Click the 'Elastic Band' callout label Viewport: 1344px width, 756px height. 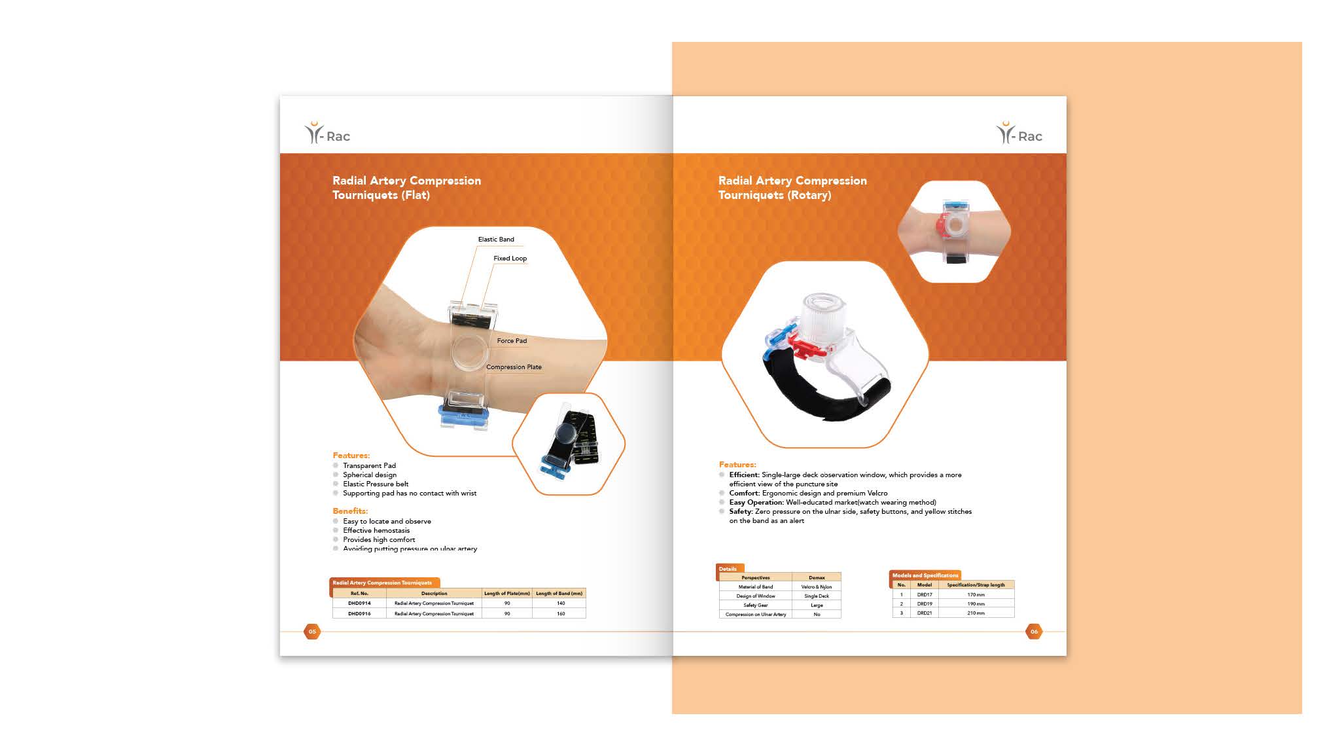(x=495, y=240)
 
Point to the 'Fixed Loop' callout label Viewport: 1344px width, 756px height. (x=510, y=259)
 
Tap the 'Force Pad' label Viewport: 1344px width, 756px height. (x=511, y=341)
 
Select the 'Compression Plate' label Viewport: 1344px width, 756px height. (x=514, y=367)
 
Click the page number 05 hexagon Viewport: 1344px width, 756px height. (x=312, y=632)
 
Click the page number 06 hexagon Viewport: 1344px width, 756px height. (x=1034, y=632)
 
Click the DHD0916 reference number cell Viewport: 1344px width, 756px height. (x=359, y=614)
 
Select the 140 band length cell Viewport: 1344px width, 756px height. (x=560, y=603)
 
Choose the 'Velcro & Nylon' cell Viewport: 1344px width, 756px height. (x=816, y=587)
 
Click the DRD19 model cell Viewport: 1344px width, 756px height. (x=924, y=604)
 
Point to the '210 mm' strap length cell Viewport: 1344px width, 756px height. (x=976, y=613)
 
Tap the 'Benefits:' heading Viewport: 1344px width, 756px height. (x=350, y=511)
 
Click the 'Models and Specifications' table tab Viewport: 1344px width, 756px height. (x=925, y=575)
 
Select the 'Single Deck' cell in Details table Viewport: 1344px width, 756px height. (x=816, y=596)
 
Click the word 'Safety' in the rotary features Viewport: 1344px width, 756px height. (x=740, y=512)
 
